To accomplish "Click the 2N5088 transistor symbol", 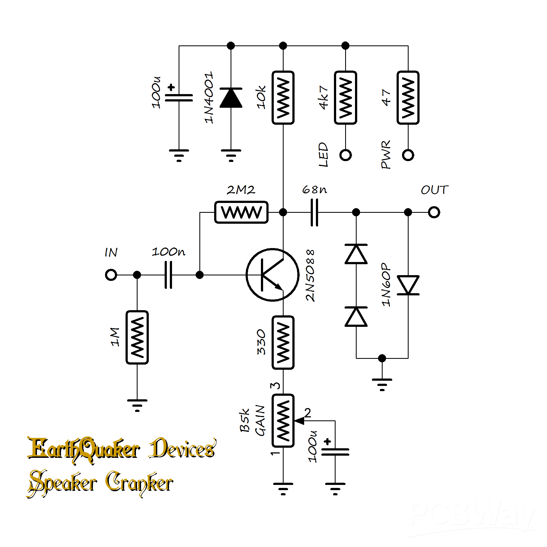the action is click(x=272, y=275).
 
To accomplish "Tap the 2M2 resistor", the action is click(x=241, y=212).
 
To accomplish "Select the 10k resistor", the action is click(x=283, y=98).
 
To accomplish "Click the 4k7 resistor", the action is click(x=345, y=98).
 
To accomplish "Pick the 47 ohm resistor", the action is click(x=408, y=98).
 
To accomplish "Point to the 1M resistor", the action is click(x=137, y=337).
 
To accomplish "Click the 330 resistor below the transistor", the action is click(x=283, y=343).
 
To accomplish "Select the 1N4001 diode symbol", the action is click(x=231, y=98).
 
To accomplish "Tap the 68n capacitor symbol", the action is click(x=314, y=212).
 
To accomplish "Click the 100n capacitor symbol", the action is click(x=168, y=275).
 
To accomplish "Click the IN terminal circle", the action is click(x=111, y=275).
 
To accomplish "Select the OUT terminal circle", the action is click(x=434, y=212).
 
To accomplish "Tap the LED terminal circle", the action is click(x=345, y=155).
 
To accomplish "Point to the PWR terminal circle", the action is click(x=408, y=155).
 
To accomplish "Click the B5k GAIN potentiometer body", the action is click(x=283, y=421).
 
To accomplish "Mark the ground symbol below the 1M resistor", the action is click(x=137, y=405).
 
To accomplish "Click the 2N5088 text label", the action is click(x=310, y=275).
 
